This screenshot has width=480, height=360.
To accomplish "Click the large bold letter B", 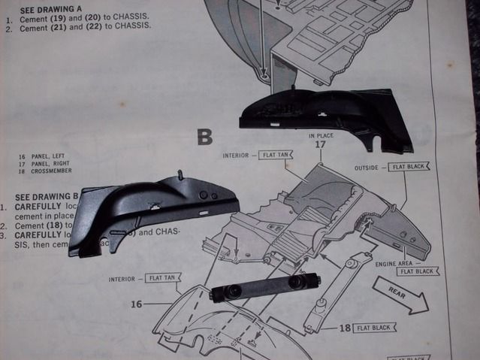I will pos(205,136).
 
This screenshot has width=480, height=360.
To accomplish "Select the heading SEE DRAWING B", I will pos(47,194).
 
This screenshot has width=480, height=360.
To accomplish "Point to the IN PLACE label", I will pos(320,136).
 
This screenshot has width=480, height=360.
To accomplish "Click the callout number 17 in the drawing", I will pos(320,144).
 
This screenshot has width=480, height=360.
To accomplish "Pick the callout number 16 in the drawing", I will pos(136,304).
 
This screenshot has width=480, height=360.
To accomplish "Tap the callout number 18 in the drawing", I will pos(344,328).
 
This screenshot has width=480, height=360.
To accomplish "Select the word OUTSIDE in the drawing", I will pos(369,168).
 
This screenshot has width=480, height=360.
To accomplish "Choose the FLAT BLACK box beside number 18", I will pos(376,328).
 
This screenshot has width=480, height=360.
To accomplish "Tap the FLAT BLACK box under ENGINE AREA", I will pos(418,271).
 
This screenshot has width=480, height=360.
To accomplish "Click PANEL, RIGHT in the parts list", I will pos(48,165).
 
